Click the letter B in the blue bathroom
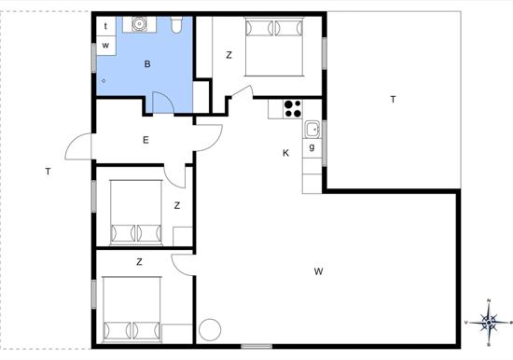147,64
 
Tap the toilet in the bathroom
176,25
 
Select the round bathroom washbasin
139,24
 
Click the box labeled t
106,26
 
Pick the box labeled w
106,45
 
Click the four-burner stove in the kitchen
293,109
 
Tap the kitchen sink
312,130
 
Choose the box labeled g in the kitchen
312,148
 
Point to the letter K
285,153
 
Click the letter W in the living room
318,271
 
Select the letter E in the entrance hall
146,141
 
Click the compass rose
489,323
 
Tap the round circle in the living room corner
210,329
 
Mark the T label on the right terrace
393,99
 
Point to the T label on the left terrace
49,172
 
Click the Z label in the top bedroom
229,55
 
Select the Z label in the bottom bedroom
139,262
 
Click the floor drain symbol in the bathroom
104,81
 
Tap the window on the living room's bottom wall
256,346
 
